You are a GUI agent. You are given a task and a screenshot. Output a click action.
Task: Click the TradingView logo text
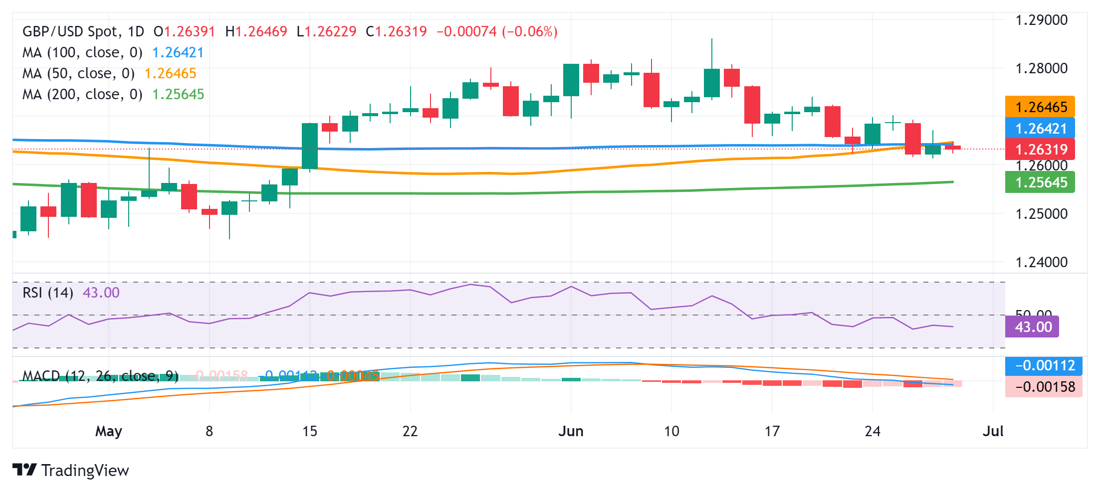point(85,471)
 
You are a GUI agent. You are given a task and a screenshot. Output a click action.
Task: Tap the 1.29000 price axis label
point(1042,20)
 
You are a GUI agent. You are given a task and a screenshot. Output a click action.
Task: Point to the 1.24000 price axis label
point(1042,262)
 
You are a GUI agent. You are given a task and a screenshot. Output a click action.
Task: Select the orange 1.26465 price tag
point(1041,107)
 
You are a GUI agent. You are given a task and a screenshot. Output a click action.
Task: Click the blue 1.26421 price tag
point(1041,129)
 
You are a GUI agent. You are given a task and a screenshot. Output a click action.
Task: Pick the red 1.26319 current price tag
point(1041,150)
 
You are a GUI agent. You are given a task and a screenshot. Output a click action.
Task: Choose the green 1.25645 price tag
point(1041,182)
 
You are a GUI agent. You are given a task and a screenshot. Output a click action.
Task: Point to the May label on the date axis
point(109,431)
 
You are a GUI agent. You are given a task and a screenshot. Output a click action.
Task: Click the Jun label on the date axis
point(571,431)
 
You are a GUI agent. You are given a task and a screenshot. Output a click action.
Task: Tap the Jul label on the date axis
point(993,431)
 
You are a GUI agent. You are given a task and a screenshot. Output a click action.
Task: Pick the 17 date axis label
point(772,431)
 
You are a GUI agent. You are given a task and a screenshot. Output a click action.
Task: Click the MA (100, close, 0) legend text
point(82,52)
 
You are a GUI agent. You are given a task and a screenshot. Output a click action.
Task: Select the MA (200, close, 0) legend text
point(82,94)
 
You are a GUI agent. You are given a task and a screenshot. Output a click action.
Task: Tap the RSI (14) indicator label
point(48,293)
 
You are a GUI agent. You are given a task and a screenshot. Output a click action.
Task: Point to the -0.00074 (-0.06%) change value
point(497,31)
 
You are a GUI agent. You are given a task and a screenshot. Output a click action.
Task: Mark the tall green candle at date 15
point(310,146)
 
